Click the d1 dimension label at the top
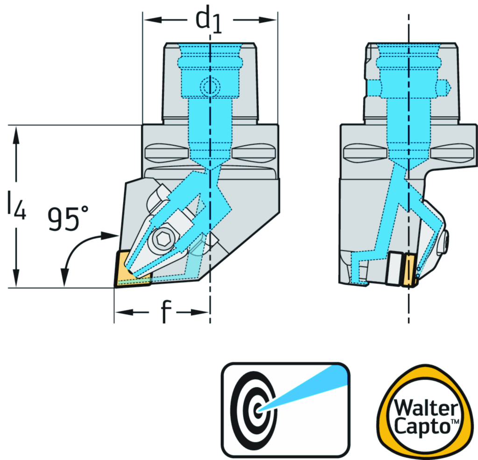coord(208,21)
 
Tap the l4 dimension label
coord(17,207)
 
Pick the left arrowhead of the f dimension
coord(122,312)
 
